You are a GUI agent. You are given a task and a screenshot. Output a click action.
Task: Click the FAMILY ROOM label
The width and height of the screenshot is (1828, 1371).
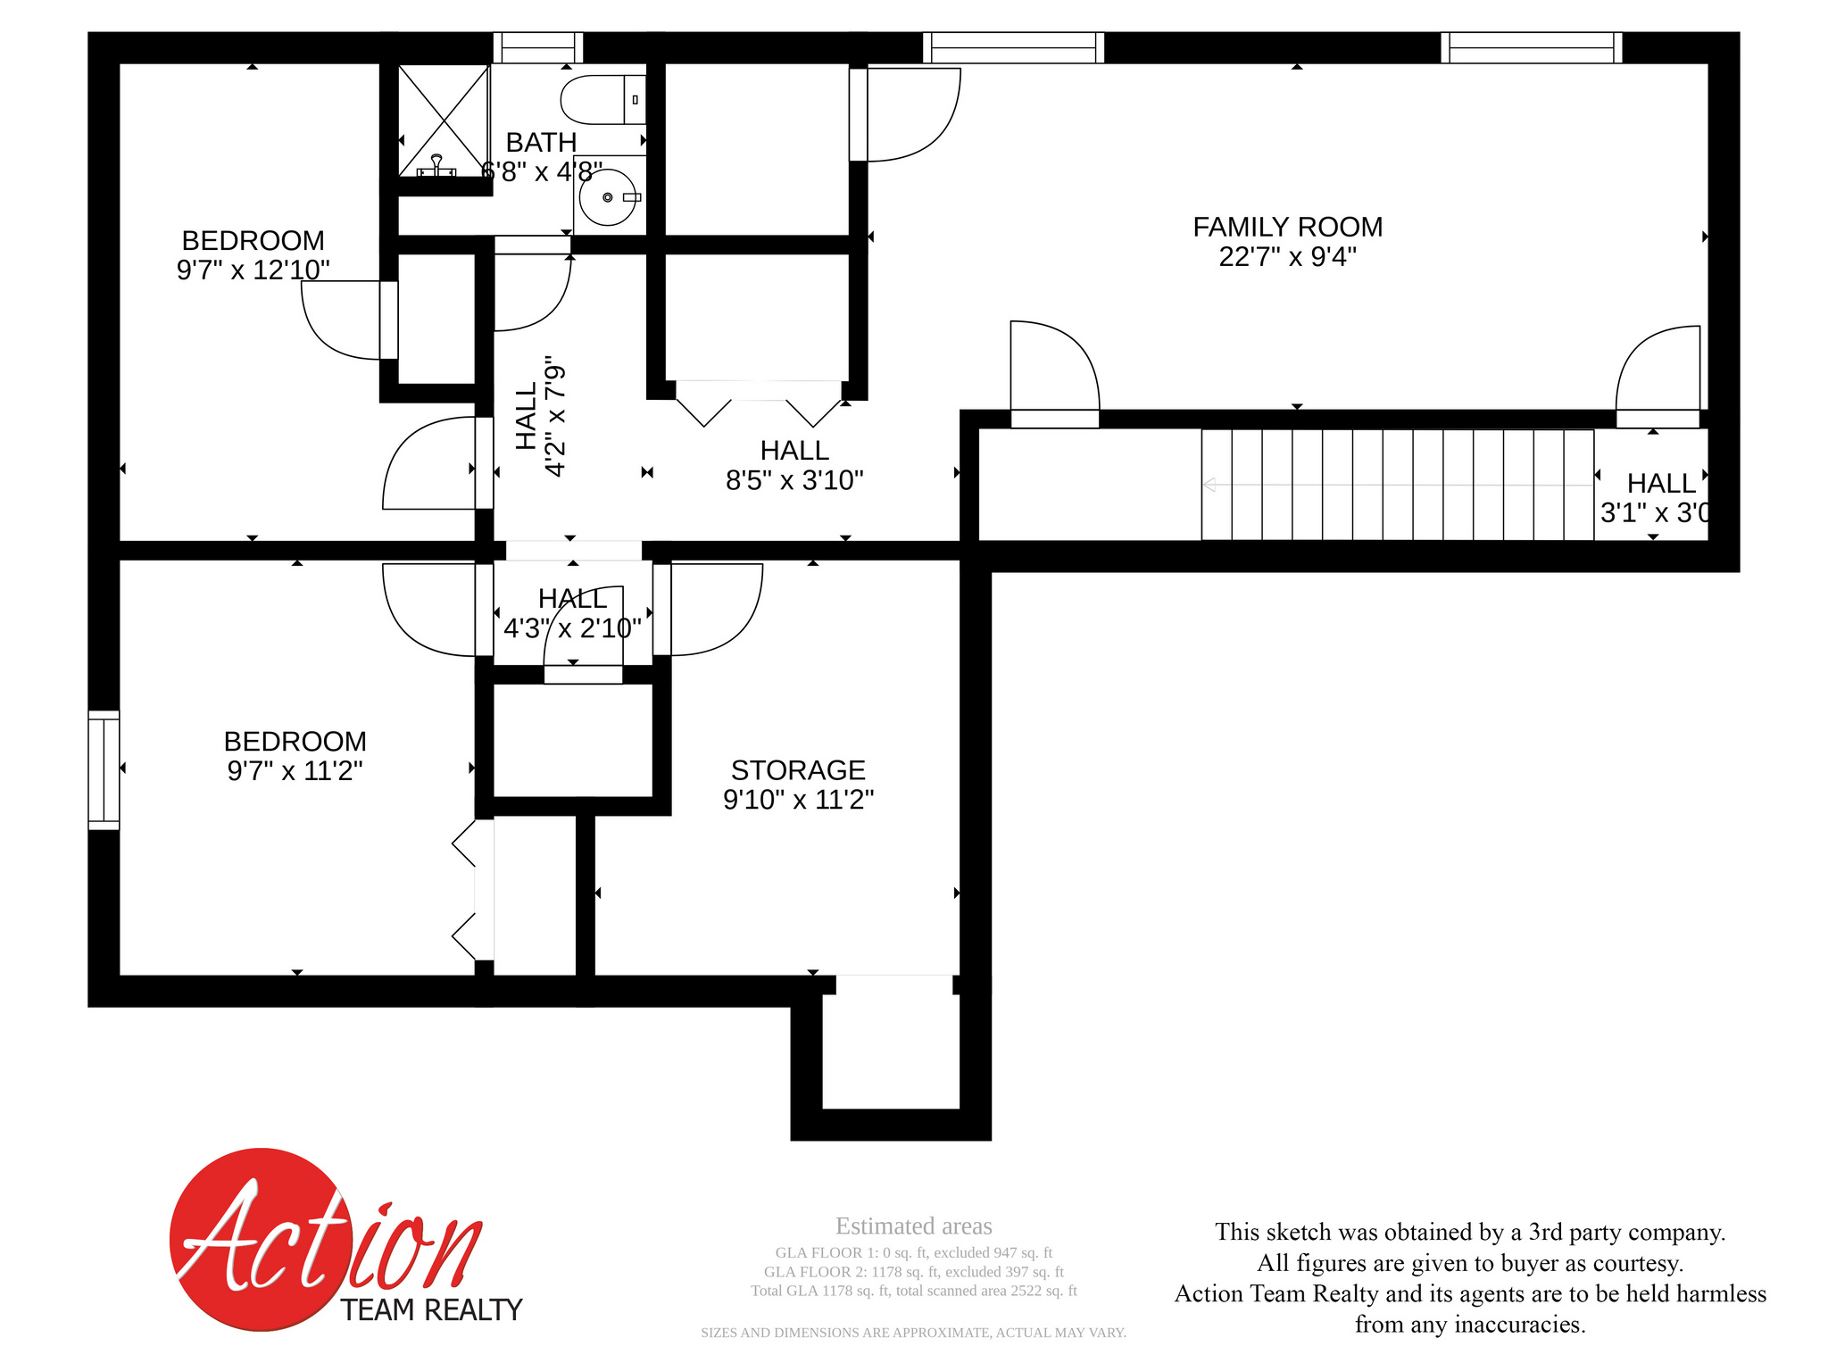(1287, 227)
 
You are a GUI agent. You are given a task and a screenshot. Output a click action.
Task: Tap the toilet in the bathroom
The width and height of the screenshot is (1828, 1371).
(602, 99)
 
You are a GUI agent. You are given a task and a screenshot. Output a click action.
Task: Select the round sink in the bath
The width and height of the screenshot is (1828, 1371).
(609, 196)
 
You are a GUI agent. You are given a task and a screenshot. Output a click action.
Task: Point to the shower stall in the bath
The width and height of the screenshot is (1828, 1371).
(444, 120)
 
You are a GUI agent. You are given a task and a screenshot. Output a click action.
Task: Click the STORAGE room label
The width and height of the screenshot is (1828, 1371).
(798, 769)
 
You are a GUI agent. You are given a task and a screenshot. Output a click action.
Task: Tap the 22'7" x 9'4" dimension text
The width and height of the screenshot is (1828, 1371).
(1287, 257)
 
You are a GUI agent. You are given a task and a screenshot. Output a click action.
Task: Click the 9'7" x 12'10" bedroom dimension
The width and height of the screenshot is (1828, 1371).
(253, 270)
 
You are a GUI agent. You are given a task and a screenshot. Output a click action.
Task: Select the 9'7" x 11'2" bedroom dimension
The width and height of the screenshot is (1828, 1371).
(295, 770)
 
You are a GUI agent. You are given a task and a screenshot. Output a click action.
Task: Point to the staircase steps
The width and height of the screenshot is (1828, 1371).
(1397, 485)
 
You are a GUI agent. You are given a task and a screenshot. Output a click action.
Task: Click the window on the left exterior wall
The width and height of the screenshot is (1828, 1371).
(104, 770)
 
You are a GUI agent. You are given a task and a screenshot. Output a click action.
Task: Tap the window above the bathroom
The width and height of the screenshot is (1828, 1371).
(538, 47)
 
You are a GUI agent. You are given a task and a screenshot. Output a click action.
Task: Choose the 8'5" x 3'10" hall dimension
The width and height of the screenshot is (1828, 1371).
(794, 480)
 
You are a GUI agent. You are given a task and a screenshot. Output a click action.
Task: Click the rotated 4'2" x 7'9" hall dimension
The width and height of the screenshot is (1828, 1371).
(554, 419)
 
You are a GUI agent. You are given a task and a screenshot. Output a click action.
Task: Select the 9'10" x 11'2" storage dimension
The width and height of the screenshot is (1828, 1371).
(798, 800)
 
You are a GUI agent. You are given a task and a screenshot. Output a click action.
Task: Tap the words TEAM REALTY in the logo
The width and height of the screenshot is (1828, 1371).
(431, 1310)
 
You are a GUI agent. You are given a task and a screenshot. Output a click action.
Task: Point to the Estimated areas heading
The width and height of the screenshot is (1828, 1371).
(913, 1226)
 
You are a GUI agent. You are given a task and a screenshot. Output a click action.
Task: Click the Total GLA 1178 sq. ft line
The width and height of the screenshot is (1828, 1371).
(913, 1291)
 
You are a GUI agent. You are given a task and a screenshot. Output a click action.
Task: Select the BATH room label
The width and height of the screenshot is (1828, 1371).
(541, 142)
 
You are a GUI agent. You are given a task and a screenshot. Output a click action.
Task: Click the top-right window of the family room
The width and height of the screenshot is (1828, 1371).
(1531, 47)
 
